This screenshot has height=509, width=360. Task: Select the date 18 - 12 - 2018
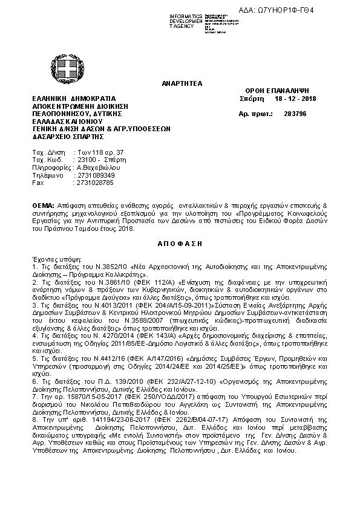[x=291, y=99]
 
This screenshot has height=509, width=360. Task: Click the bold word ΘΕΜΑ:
[x=43, y=206]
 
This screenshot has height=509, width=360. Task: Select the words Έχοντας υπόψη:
[x=51, y=258]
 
